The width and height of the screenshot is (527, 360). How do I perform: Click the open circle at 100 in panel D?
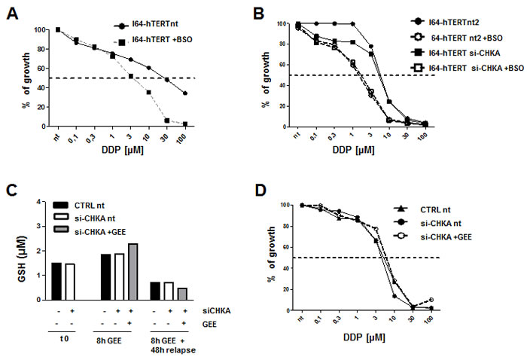492,299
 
